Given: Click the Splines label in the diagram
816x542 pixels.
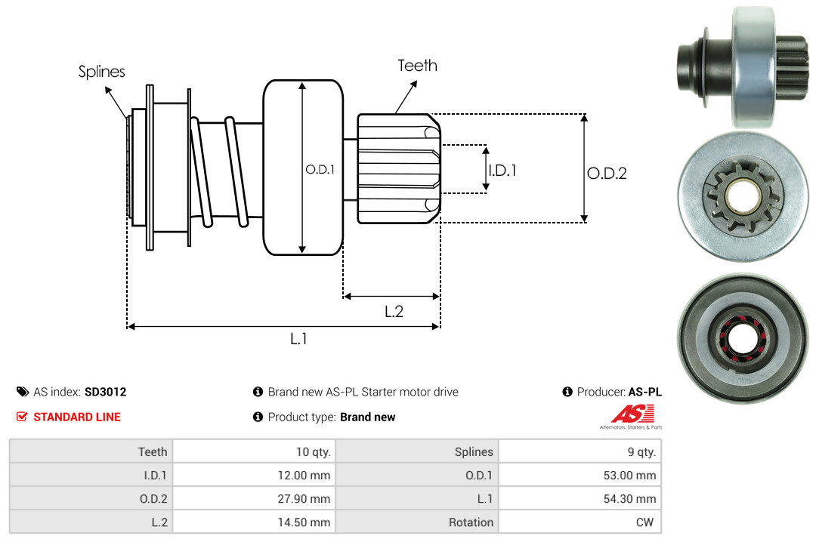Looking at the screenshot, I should (x=101, y=72).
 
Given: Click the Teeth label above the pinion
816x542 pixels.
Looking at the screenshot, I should (x=417, y=66).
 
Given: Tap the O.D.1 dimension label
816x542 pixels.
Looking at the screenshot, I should (x=319, y=170).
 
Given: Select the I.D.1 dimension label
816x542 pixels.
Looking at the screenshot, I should (x=502, y=171).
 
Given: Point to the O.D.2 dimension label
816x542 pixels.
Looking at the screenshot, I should (x=607, y=173).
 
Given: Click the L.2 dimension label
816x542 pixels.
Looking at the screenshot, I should (x=394, y=311).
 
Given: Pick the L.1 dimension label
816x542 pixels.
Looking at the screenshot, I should (x=298, y=339).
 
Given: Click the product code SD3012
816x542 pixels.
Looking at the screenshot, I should (x=105, y=392).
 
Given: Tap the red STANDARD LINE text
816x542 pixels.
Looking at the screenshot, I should (x=76, y=417).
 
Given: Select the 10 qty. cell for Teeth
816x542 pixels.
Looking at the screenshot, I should (x=313, y=451).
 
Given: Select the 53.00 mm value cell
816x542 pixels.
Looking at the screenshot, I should (x=632, y=476).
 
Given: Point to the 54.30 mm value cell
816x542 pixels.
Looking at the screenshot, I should (x=632, y=499).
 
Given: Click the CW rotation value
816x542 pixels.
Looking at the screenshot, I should (x=647, y=522).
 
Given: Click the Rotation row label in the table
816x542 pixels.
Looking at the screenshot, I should (x=471, y=522).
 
